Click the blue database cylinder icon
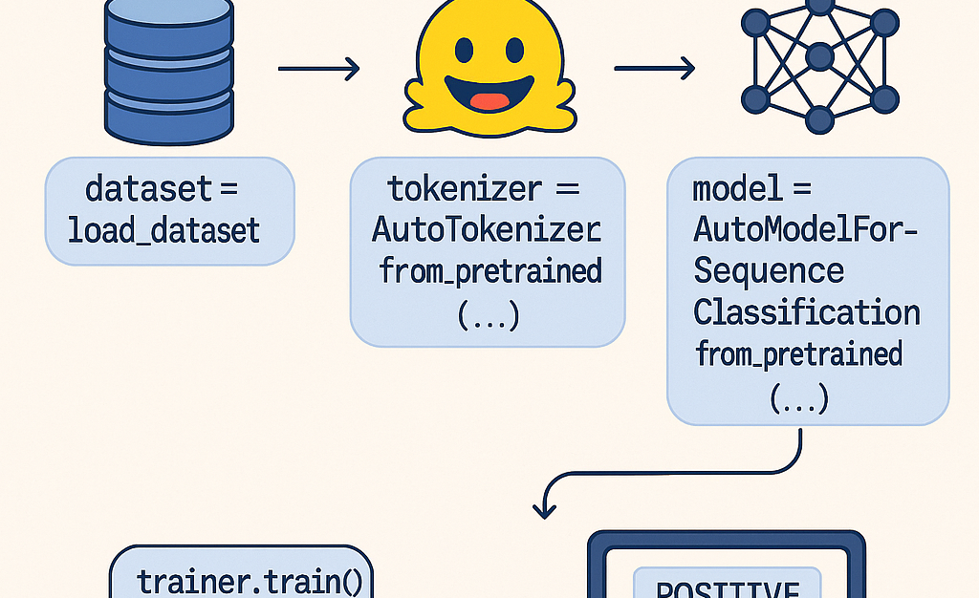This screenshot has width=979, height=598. click(x=168, y=69)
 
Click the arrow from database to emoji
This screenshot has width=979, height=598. click(x=317, y=69)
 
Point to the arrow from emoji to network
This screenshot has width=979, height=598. click(x=654, y=69)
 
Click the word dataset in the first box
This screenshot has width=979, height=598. click(x=148, y=188)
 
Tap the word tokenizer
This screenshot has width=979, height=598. click(x=463, y=188)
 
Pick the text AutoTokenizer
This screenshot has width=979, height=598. click(x=486, y=230)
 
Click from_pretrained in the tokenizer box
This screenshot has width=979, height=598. click(x=490, y=271)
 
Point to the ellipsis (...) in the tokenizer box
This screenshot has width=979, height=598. click(x=489, y=315)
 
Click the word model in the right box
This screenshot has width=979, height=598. click(x=737, y=188)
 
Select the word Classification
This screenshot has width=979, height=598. click(x=806, y=312)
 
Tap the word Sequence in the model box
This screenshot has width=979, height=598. click(x=769, y=271)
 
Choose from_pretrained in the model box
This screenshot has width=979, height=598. click(x=799, y=354)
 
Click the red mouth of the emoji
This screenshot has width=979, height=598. click(x=489, y=101)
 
